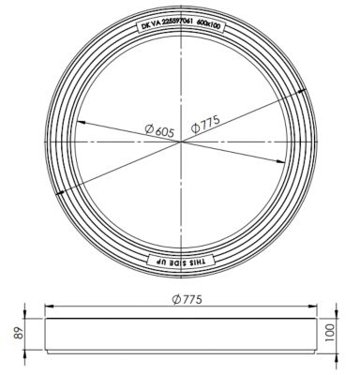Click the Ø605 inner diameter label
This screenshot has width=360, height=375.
click(x=159, y=130)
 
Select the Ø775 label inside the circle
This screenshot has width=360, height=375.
click(x=205, y=125)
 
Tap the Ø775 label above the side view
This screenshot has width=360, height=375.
click(x=187, y=299)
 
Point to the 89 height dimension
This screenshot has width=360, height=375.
click(x=19, y=334)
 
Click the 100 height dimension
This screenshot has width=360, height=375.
click(x=330, y=333)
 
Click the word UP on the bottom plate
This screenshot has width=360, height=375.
click(x=160, y=262)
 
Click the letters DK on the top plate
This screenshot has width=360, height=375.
click(x=146, y=26)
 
